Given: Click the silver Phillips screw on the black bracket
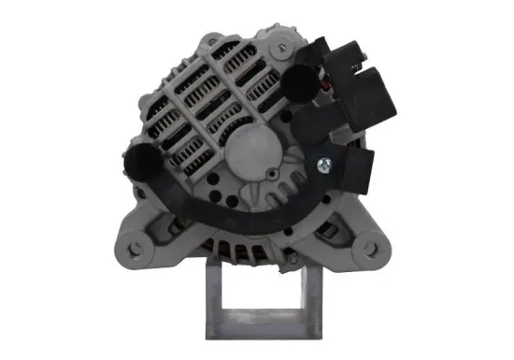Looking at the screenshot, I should click(x=321, y=166).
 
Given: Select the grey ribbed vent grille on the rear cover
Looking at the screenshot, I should click(x=201, y=103).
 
